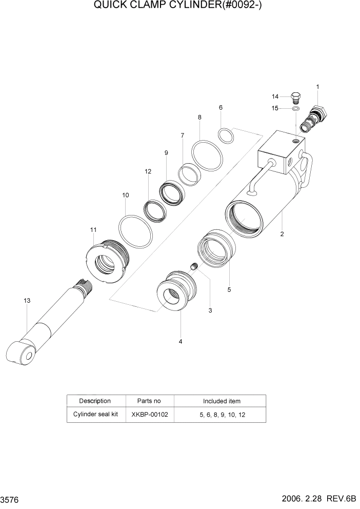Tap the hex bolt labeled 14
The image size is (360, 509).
tap(295, 97)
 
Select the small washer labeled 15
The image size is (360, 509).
tap(296, 109)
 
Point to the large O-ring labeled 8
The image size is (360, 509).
tap(207, 155)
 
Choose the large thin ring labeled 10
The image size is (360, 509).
tap(136, 231)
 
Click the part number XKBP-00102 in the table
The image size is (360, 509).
tap(149, 414)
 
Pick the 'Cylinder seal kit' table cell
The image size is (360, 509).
tap(96, 414)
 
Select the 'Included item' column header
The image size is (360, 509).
tap(221, 401)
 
